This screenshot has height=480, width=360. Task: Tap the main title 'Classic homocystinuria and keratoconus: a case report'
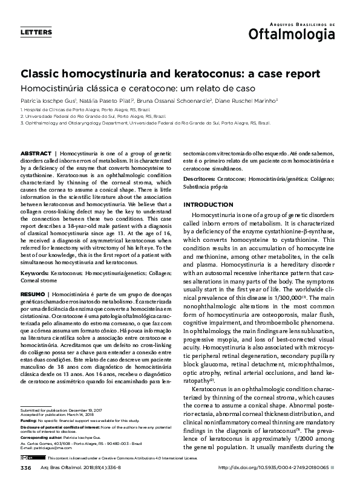pyautogui.click(x=162, y=74)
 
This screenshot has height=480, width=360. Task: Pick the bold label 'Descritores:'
pyautogui.click(x=199, y=180)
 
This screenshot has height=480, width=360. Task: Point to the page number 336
pyautogui.click(x=25, y=469)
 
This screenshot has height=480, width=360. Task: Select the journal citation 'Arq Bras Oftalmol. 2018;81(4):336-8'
pyautogui.click(x=76, y=469)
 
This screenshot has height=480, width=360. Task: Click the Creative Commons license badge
pyautogui.click(x=27, y=459)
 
